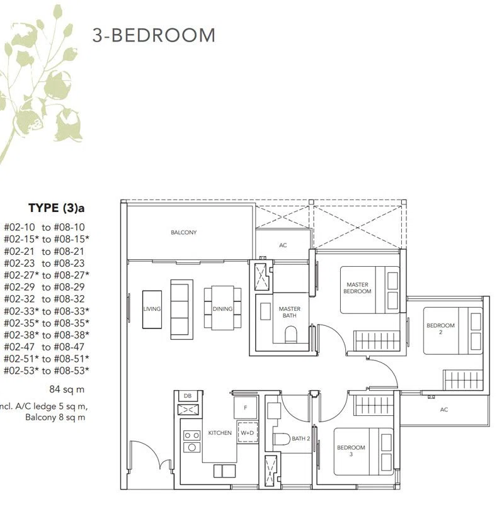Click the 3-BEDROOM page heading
coord(154,35)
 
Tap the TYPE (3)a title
coord(57,208)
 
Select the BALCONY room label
coord(184,232)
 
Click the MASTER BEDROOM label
coord(357,288)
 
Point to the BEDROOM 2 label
coord(440,328)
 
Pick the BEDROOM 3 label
coord(351,450)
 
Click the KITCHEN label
coord(220,433)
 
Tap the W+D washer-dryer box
coord(248,432)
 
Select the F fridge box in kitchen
coord(246,408)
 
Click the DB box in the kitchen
coord(188,396)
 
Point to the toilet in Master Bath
coord(291,335)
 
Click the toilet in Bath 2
coord(282,439)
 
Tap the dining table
coord(222,308)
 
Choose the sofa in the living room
coord(181,309)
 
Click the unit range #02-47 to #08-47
coord(44,347)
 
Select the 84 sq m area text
coord(67,389)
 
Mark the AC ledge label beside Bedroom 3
coord(443,409)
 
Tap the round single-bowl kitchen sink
coord(191,447)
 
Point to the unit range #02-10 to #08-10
coord(44,227)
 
